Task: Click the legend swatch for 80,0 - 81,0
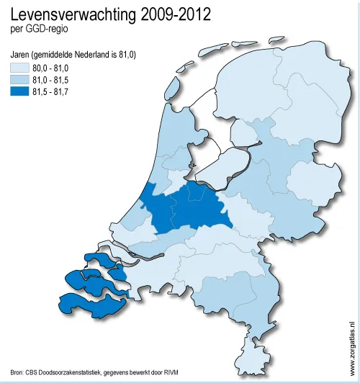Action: (19, 68)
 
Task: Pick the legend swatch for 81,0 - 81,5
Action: (19, 80)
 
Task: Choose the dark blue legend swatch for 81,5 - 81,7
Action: (19, 91)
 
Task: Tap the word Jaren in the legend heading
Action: (22, 54)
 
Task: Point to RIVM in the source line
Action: (168, 373)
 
